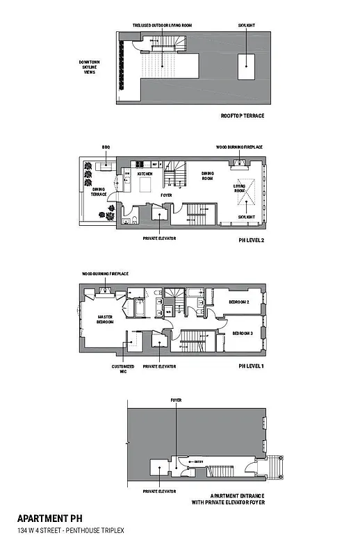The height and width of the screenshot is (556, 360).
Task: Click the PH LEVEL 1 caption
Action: [251, 366]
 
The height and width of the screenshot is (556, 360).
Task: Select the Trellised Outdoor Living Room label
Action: [163, 25]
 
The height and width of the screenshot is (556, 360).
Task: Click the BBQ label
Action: [106, 147]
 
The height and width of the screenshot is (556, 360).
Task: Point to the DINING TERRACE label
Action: [99, 192]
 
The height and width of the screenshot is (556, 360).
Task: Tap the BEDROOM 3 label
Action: [243, 333]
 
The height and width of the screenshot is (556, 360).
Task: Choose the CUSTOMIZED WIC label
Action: [117, 368]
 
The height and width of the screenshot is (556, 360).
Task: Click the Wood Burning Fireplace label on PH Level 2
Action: [239, 147]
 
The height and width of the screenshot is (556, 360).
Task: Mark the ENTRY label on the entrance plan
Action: [199, 461]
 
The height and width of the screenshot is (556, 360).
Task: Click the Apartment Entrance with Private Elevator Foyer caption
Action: [233, 499]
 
